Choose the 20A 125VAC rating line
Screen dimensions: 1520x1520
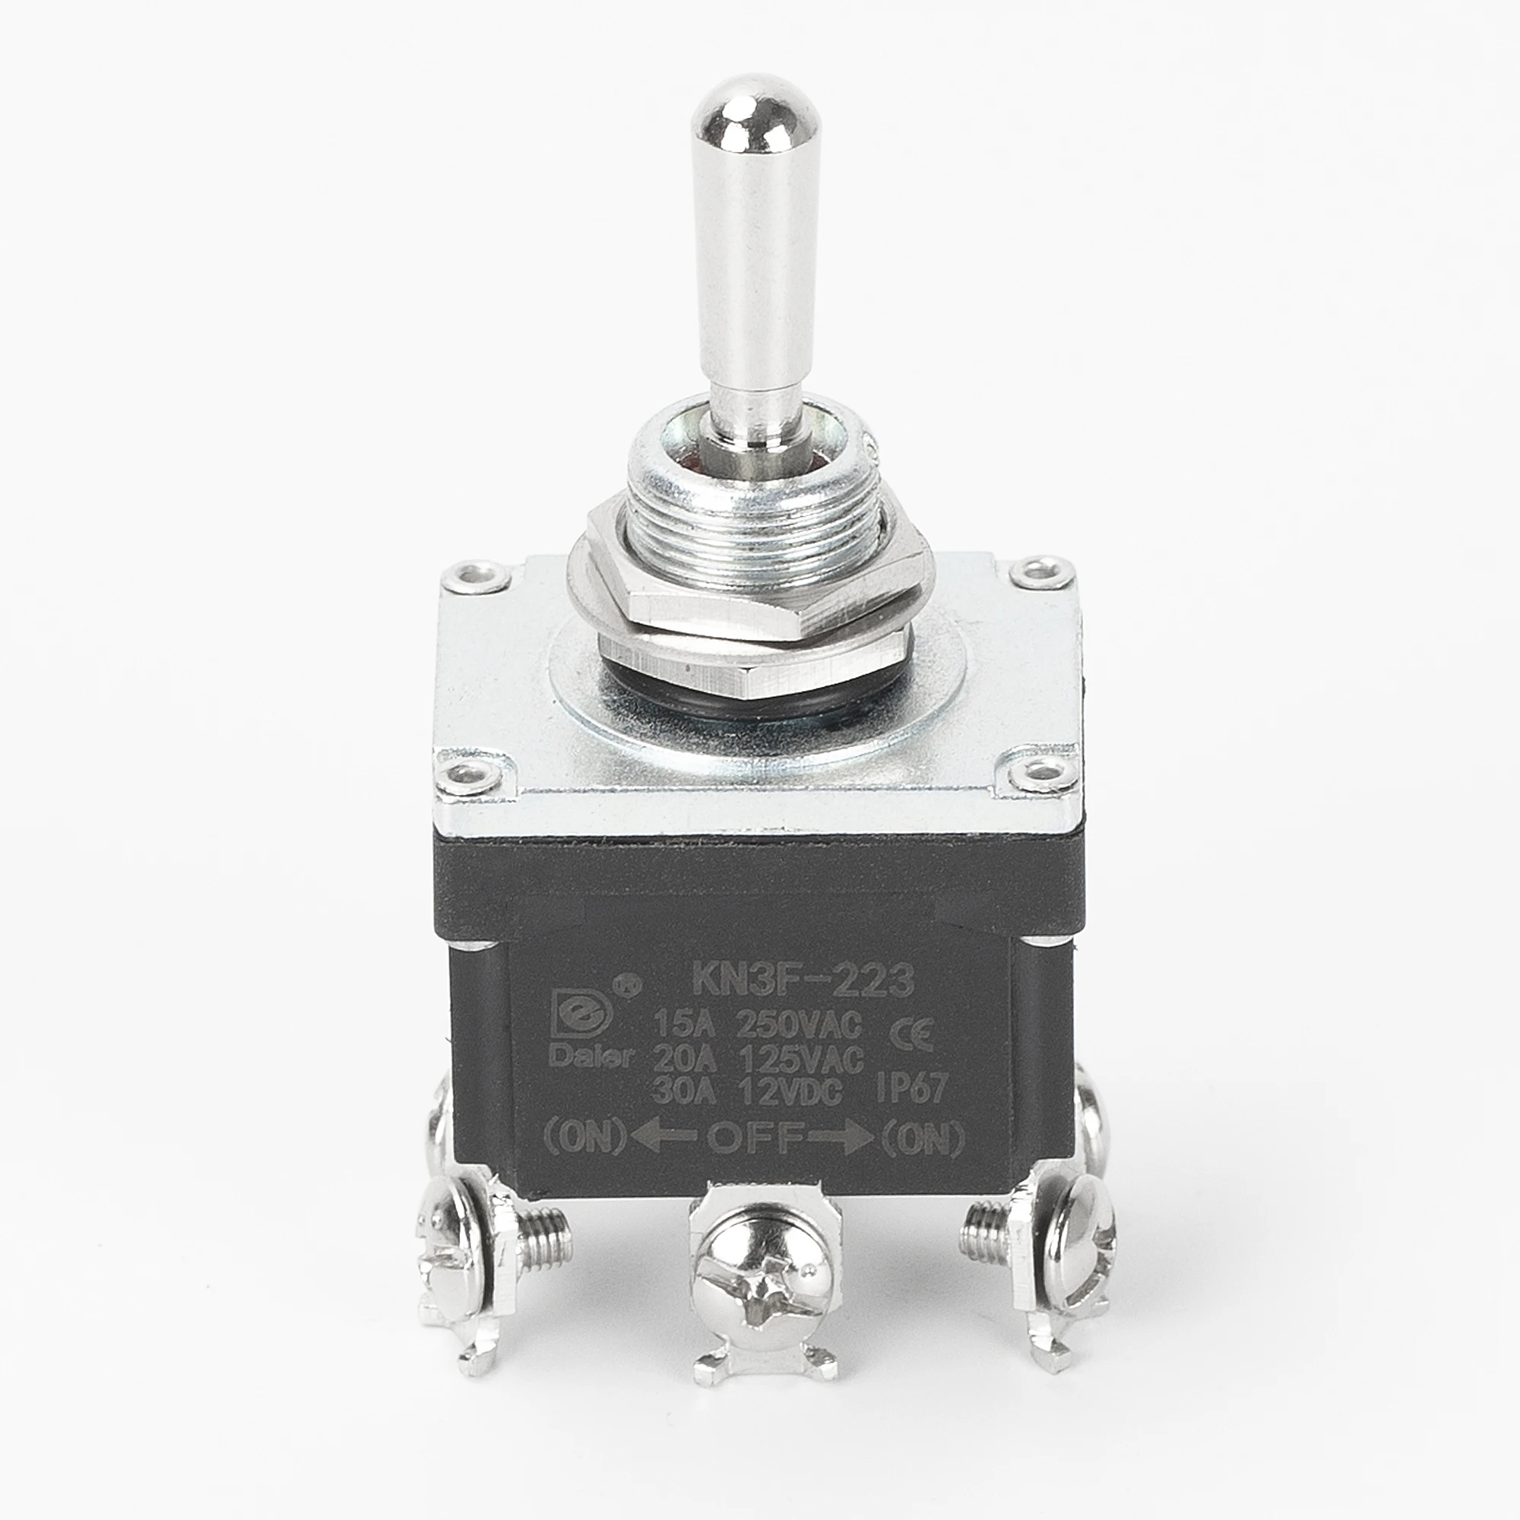758,1059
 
